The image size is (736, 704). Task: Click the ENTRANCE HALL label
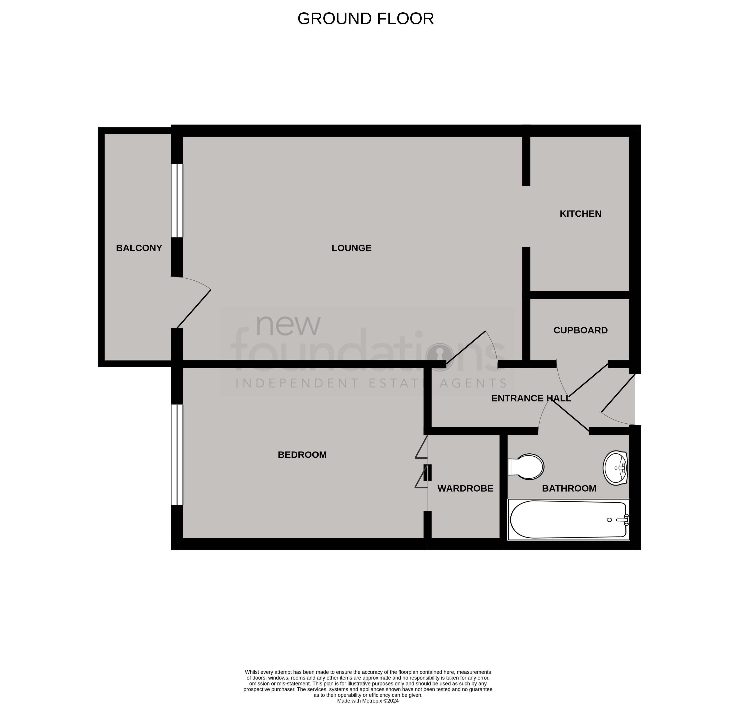(x=531, y=398)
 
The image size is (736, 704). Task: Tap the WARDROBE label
(x=465, y=489)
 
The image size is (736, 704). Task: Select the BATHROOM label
(x=569, y=489)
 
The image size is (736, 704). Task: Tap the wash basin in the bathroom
(x=615, y=468)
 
